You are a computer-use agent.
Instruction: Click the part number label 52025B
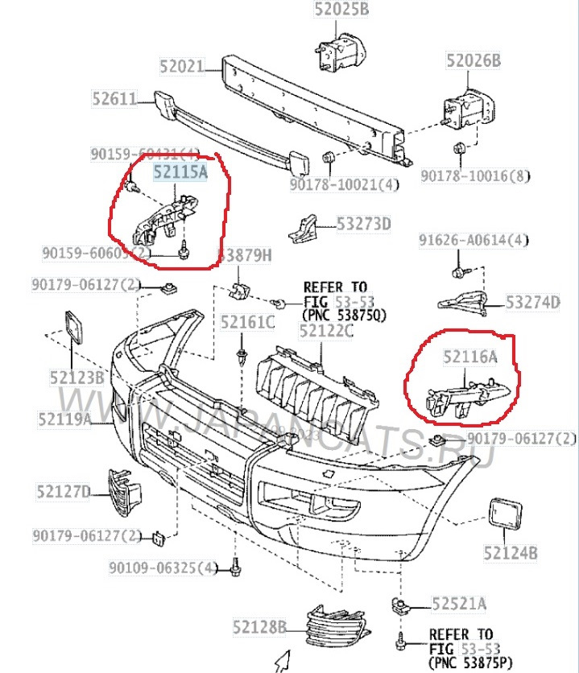[x=341, y=10]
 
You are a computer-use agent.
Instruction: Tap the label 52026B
[x=474, y=61]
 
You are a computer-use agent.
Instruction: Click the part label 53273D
[x=363, y=224]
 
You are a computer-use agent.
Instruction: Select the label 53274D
[x=532, y=303]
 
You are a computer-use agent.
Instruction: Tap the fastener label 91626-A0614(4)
[x=474, y=240]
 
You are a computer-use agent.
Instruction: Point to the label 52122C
[x=326, y=329]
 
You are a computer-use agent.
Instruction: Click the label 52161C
[x=248, y=323]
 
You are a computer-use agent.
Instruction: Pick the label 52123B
[x=77, y=377]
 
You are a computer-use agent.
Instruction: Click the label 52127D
[x=64, y=489]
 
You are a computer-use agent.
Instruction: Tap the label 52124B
[x=510, y=553]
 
